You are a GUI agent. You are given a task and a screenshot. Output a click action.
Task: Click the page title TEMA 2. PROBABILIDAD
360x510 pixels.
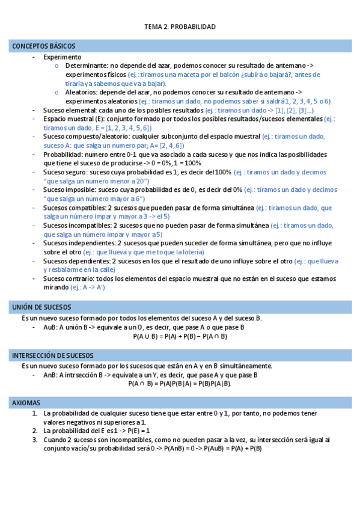coord(180,27)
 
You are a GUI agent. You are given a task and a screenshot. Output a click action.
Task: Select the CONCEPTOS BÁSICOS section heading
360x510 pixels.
coord(43,46)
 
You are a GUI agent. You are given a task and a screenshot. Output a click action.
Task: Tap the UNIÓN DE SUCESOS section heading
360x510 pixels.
coord(41,307)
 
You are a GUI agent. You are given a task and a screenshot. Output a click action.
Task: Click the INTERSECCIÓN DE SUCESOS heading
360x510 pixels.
coord(52,355)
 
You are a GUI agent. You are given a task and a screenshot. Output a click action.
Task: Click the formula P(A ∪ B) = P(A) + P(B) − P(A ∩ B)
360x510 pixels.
coord(180,336)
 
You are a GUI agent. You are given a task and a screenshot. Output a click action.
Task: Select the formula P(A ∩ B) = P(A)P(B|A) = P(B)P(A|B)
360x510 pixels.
coord(180,383)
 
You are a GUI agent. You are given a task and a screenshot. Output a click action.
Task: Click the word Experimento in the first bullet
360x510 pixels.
coord(62,57)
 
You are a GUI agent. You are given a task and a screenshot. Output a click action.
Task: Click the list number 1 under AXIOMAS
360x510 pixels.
coord(34,414)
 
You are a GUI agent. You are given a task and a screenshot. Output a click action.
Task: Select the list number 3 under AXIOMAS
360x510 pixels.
coord(34,440)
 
